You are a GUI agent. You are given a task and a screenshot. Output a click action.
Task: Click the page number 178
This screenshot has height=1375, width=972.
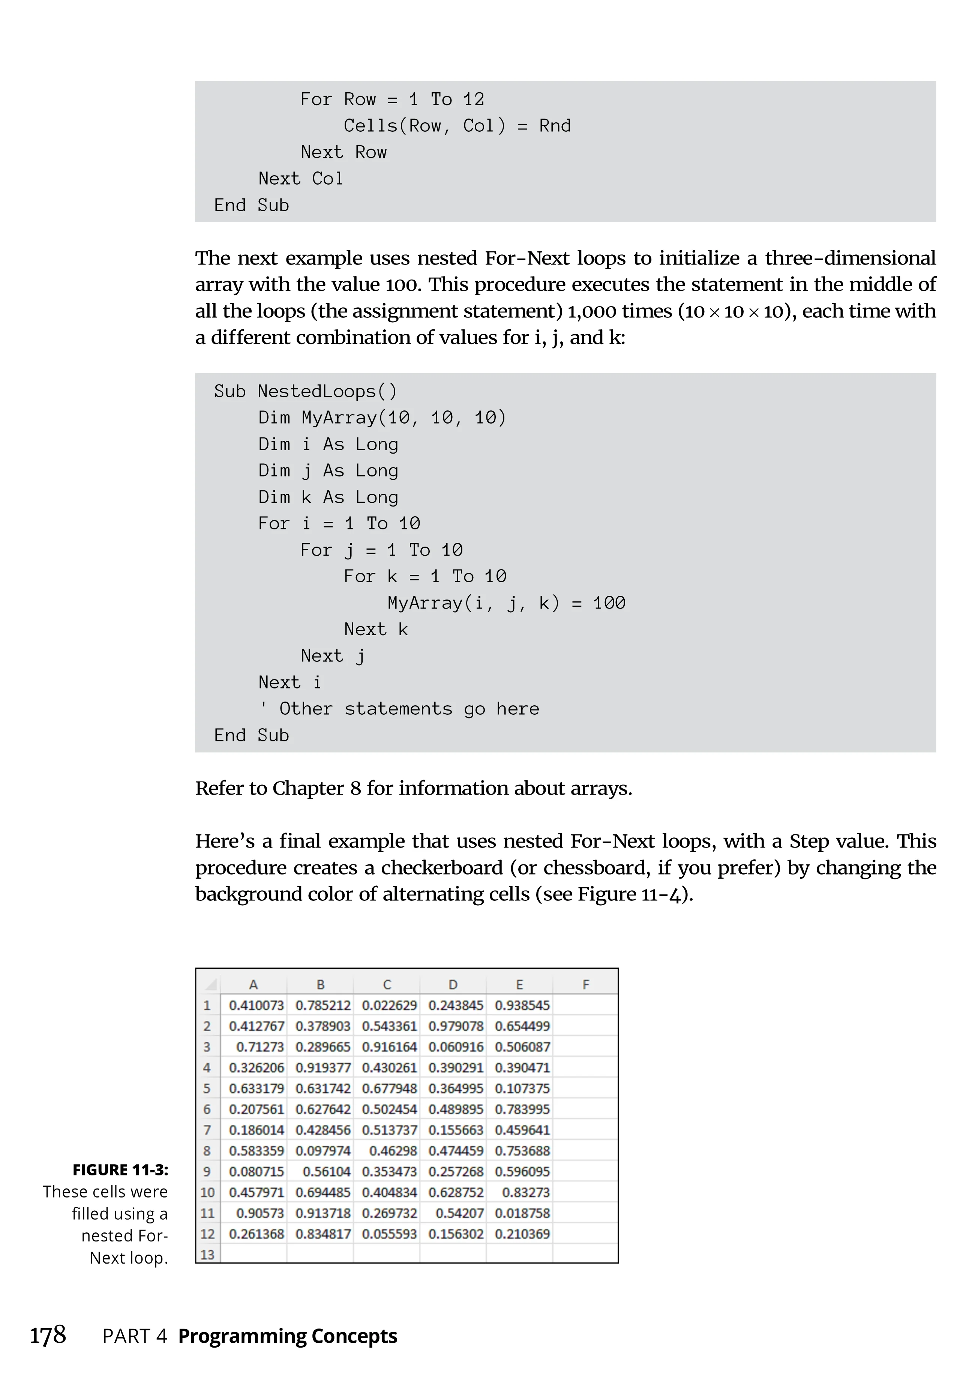(x=48, y=1335)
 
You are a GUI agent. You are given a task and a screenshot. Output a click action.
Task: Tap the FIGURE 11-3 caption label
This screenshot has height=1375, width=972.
(x=120, y=1169)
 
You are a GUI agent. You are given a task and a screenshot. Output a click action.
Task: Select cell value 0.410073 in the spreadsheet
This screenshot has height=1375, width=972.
(x=256, y=1005)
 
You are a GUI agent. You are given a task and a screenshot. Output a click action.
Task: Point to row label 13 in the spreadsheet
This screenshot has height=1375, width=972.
(x=207, y=1255)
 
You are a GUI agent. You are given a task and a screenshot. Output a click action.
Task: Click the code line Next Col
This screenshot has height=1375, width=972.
(x=300, y=179)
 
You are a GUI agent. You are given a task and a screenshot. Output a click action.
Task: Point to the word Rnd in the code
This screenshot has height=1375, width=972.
(x=555, y=126)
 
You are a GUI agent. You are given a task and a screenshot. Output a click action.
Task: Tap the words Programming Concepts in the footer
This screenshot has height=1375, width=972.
(x=288, y=1336)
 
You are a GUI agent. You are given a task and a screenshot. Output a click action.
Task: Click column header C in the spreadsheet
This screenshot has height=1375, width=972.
(x=387, y=984)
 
